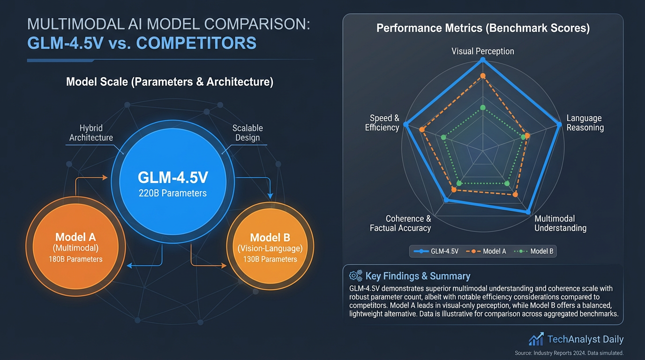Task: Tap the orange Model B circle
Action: tap(270, 246)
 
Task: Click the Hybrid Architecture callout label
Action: tap(91, 133)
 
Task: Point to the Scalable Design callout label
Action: tap(247, 133)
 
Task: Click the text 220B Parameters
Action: tap(172, 193)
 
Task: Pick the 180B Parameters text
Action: tap(75, 259)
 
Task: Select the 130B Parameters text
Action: tap(270, 259)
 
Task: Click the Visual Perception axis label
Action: tap(482, 51)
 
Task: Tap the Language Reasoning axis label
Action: tap(585, 123)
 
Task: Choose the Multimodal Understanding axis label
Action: tap(560, 223)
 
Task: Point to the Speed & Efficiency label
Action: tap(382, 123)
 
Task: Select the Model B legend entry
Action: tap(535, 251)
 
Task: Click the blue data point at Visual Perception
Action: tap(483, 60)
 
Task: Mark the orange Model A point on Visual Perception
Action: tap(483, 75)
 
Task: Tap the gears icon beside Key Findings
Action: tap(356, 276)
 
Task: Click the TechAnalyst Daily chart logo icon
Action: tap(536, 339)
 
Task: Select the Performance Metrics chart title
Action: tap(483, 28)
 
